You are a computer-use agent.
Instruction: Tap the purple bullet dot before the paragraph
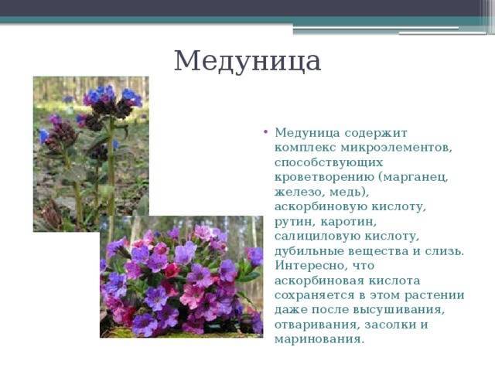click(265, 131)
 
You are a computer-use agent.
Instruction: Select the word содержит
click(375, 133)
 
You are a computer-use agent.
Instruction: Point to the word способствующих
click(328, 163)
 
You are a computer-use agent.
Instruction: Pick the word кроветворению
click(325, 177)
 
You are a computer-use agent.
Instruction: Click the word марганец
click(415, 177)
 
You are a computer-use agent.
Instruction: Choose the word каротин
click(349, 222)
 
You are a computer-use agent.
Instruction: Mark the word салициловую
click(317, 237)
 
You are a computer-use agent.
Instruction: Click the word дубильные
click(309, 251)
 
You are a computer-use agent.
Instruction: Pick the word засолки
click(388, 325)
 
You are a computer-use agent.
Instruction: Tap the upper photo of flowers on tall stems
click(91, 154)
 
